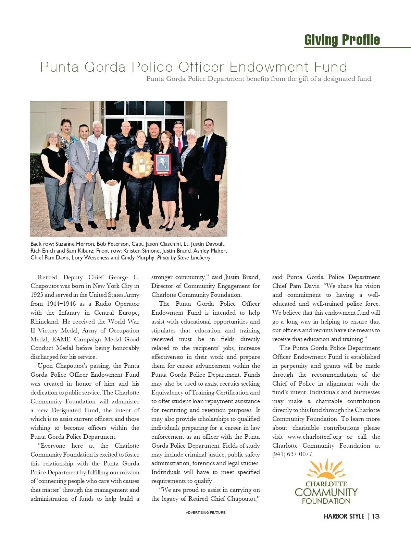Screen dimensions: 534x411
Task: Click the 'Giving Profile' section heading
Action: click(x=342, y=40)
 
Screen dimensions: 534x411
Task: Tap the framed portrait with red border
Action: click(x=162, y=164)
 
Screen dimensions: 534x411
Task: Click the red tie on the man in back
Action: click(x=179, y=144)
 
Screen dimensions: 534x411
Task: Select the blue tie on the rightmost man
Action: click(x=206, y=144)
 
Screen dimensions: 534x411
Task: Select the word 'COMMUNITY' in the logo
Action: click(x=326, y=493)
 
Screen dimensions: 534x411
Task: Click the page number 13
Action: click(x=376, y=516)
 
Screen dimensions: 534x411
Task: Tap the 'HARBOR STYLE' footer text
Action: click(x=344, y=516)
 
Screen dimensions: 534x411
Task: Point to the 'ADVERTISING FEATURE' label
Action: click(x=206, y=513)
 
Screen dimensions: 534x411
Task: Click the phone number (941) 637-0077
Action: click(x=292, y=454)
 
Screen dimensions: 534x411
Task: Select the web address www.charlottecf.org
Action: click(x=314, y=437)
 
